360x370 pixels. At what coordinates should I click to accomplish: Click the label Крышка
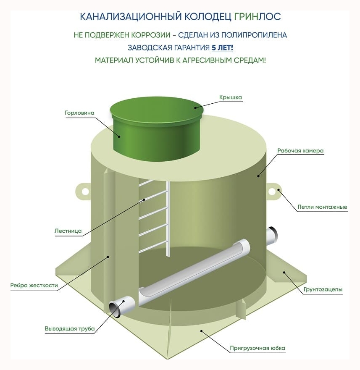pyautogui.click(x=230, y=97)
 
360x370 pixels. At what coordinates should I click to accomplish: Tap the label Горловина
pyautogui.click(x=79, y=113)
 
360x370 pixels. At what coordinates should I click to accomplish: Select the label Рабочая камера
pyautogui.click(x=300, y=150)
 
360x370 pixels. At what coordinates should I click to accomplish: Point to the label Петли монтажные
pyautogui.click(x=322, y=207)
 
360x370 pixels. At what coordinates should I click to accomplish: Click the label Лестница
pyautogui.click(x=68, y=231)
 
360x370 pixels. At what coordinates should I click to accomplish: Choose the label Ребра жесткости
pyautogui.click(x=34, y=285)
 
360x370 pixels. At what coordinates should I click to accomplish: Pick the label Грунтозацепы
pyautogui.click(x=323, y=289)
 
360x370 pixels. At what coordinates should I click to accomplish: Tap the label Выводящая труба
pyautogui.click(x=70, y=328)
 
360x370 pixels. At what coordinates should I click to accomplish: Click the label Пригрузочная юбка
pyautogui.click(x=258, y=348)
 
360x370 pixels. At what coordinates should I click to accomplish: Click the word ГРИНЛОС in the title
pyautogui.click(x=258, y=17)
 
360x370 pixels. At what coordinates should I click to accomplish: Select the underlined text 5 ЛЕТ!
pyautogui.click(x=222, y=47)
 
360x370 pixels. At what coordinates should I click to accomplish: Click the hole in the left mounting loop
pyautogui.click(x=85, y=192)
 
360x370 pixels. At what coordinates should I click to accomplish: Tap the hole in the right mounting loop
pyautogui.click(x=272, y=192)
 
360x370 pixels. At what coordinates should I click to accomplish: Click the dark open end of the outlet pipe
pyautogui.click(x=115, y=310)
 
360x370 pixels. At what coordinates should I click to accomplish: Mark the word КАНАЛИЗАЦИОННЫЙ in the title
pyautogui.click(x=131, y=17)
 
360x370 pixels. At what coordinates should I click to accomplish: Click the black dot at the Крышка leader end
pyautogui.click(x=195, y=108)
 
